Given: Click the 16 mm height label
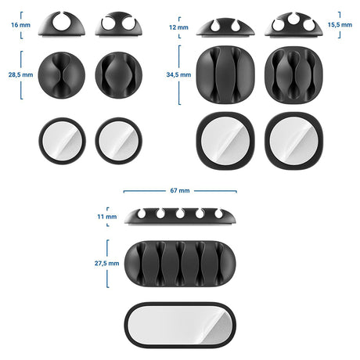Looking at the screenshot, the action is pyautogui.click(x=20, y=25).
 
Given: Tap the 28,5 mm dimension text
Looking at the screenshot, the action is pyautogui.click(x=20, y=75).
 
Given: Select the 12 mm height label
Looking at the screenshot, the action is pyautogui.click(x=178, y=27).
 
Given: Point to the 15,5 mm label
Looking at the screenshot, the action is pyautogui.click(x=340, y=25).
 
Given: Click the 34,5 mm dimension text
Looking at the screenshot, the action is pyautogui.click(x=178, y=75).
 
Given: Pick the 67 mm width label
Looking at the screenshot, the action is pyautogui.click(x=180, y=191).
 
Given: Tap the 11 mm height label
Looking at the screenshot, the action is pyautogui.click(x=107, y=217).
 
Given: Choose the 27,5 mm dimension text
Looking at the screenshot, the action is pyautogui.click(x=107, y=264).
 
